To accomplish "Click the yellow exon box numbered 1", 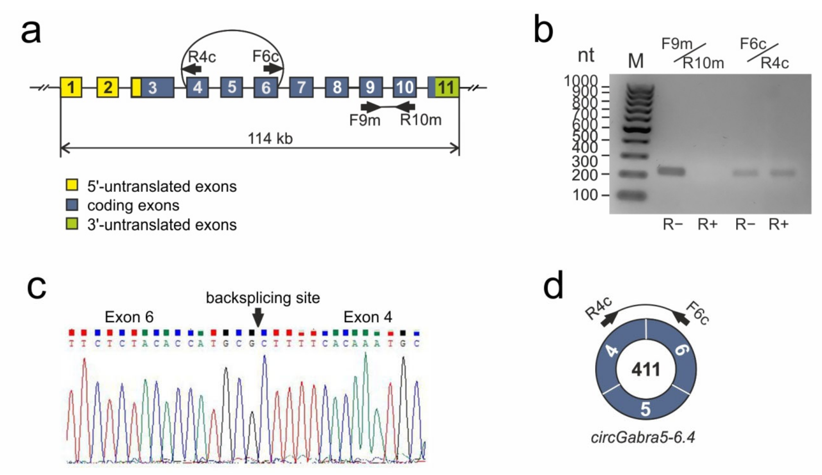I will (x=71, y=87).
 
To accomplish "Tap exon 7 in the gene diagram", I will (x=301, y=87).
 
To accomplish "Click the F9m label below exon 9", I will (x=365, y=120).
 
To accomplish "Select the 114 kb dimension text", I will (x=270, y=138).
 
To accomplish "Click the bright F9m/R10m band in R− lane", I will (x=671, y=171).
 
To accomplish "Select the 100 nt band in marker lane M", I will (x=632, y=196).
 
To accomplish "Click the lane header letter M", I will (x=636, y=61).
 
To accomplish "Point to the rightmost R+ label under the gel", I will (x=779, y=225).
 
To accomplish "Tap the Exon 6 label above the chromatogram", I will (x=129, y=317).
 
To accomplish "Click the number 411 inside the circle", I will (x=645, y=370).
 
